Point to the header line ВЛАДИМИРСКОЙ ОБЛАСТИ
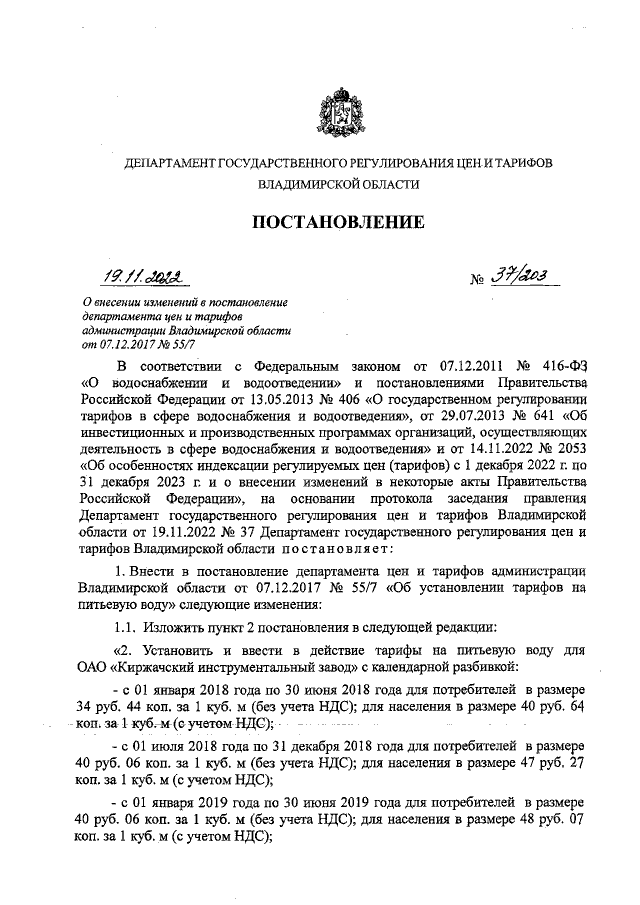pos(337,185)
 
